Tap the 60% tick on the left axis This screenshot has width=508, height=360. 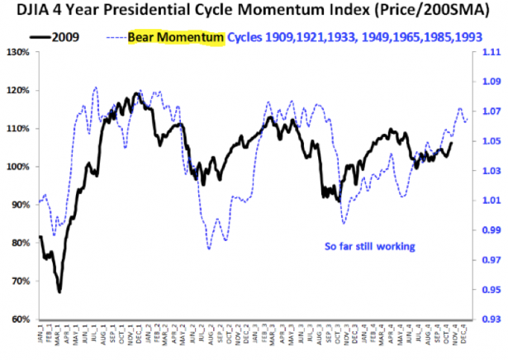pyautogui.click(x=18, y=320)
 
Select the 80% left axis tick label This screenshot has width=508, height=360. pyautogui.click(x=18, y=244)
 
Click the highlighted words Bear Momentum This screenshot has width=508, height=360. pyautogui.click(x=176, y=38)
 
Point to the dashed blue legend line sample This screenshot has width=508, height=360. pyautogui.click(x=116, y=38)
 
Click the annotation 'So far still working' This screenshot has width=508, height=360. pyautogui.click(x=368, y=246)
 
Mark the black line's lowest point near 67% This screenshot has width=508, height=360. pyautogui.click(x=59, y=291)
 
